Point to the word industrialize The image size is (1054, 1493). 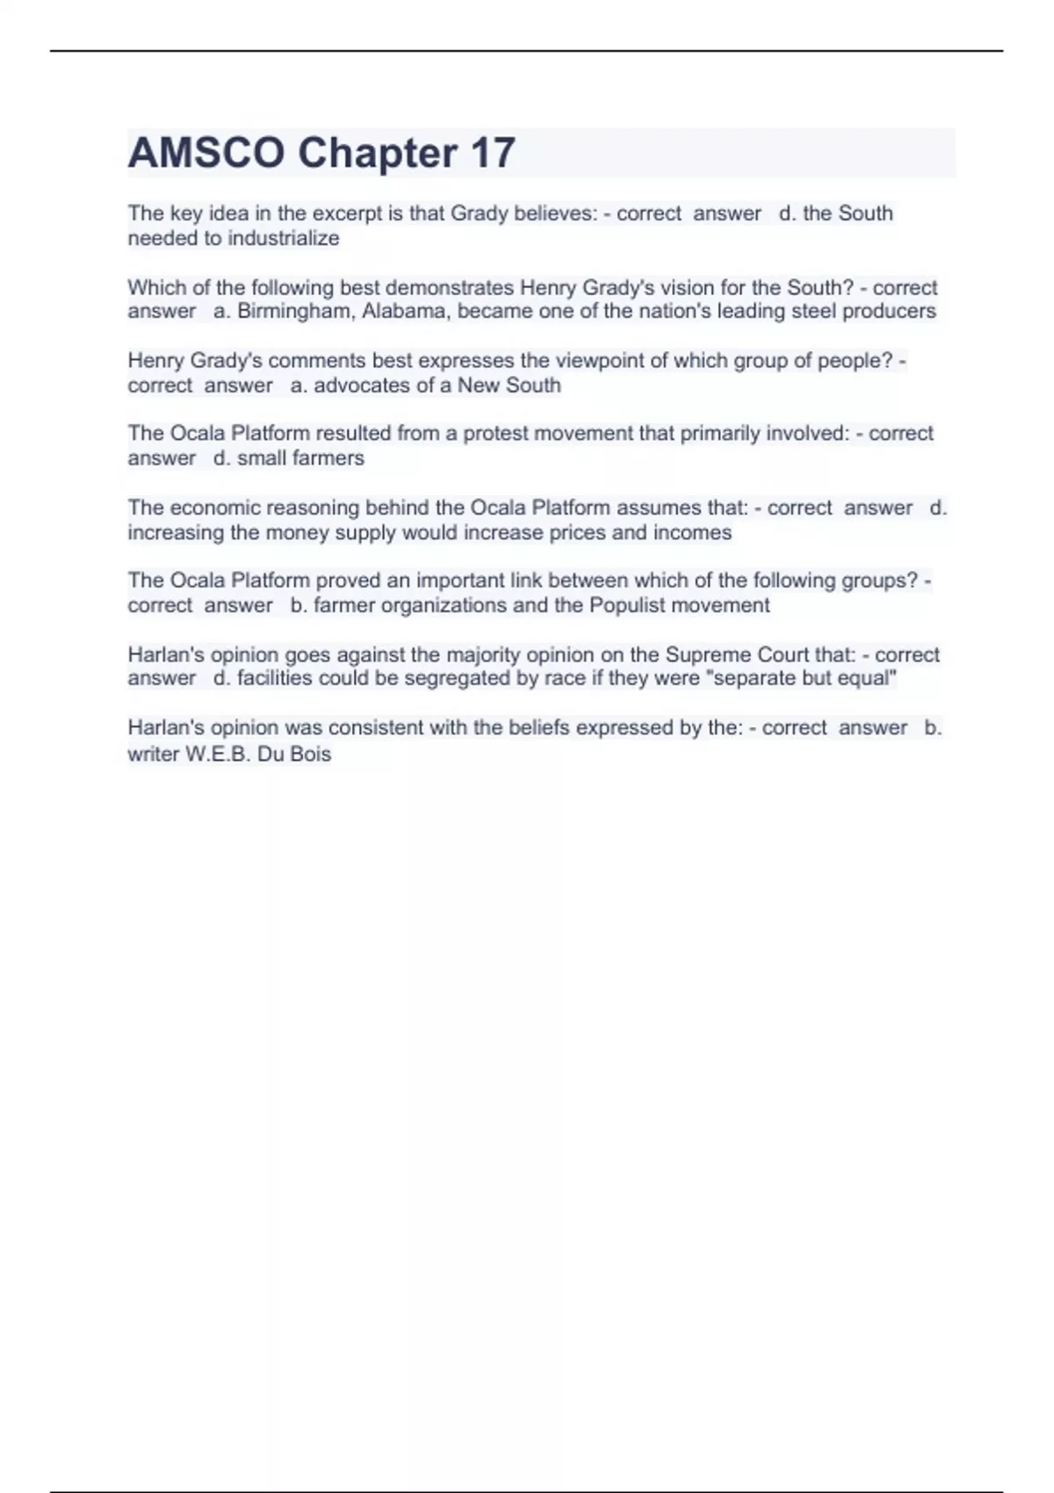tap(283, 238)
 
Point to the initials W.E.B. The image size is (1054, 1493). tap(218, 754)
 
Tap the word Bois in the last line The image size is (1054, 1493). tap(311, 754)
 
